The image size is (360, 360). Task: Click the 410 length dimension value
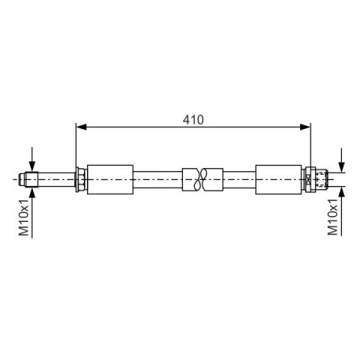(x=193, y=120)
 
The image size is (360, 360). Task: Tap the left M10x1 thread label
(x=24, y=217)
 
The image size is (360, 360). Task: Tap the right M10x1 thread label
(x=333, y=217)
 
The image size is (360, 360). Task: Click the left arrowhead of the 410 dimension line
(x=81, y=127)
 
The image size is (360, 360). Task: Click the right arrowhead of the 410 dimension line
(x=305, y=127)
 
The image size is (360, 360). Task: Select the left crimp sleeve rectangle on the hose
(x=110, y=179)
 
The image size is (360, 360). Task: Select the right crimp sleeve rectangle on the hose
(x=278, y=179)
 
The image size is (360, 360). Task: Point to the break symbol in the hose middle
(x=202, y=179)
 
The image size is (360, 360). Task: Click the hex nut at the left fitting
(x=80, y=179)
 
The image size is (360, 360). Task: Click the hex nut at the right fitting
(x=308, y=179)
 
